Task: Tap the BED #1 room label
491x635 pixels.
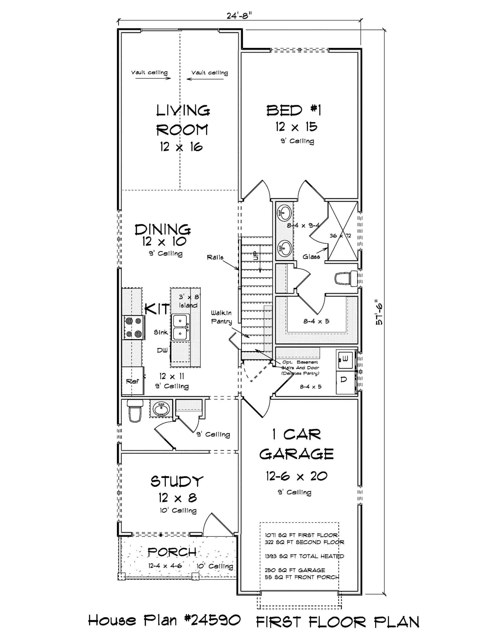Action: [294, 110]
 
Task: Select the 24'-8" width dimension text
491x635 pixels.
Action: [239, 16]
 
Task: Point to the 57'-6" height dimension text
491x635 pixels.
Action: [379, 313]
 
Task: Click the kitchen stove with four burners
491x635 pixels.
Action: [133, 327]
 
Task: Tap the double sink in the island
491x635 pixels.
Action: [180, 327]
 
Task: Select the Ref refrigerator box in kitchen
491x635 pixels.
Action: [133, 381]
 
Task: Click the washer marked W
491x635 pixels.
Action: [345, 359]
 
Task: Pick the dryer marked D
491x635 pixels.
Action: [344, 380]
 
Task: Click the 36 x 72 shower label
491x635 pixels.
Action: [340, 236]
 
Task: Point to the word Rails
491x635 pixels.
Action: [215, 257]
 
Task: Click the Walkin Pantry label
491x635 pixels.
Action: [221, 317]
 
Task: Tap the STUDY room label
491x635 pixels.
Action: [177, 481]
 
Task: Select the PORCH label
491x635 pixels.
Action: [172, 552]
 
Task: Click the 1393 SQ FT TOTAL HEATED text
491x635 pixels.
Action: [304, 556]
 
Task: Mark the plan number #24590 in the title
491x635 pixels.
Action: [212, 620]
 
